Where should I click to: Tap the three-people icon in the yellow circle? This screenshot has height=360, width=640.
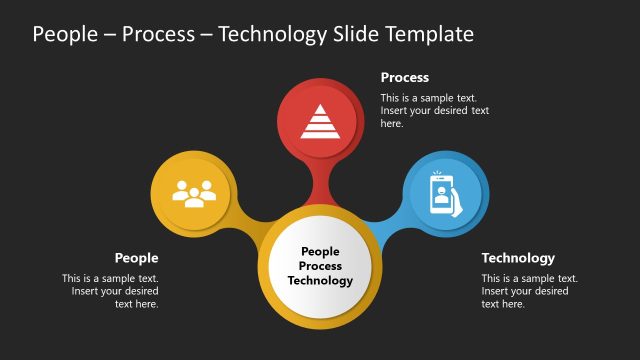[194, 192]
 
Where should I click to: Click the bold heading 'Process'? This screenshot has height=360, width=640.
[404, 77]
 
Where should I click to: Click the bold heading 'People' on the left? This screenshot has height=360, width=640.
[136, 257]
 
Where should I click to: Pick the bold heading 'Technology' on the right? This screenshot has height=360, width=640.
[517, 257]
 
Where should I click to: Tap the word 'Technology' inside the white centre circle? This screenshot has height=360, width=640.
[320, 281]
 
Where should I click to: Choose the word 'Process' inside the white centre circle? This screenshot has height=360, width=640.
[320, 267]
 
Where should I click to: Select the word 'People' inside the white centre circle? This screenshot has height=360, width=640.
[320, 253]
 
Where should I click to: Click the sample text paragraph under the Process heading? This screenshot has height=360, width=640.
[434, 111]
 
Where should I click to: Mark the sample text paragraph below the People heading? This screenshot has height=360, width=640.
[110, 291]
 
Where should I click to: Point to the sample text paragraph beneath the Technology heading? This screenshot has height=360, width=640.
[529, 291]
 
